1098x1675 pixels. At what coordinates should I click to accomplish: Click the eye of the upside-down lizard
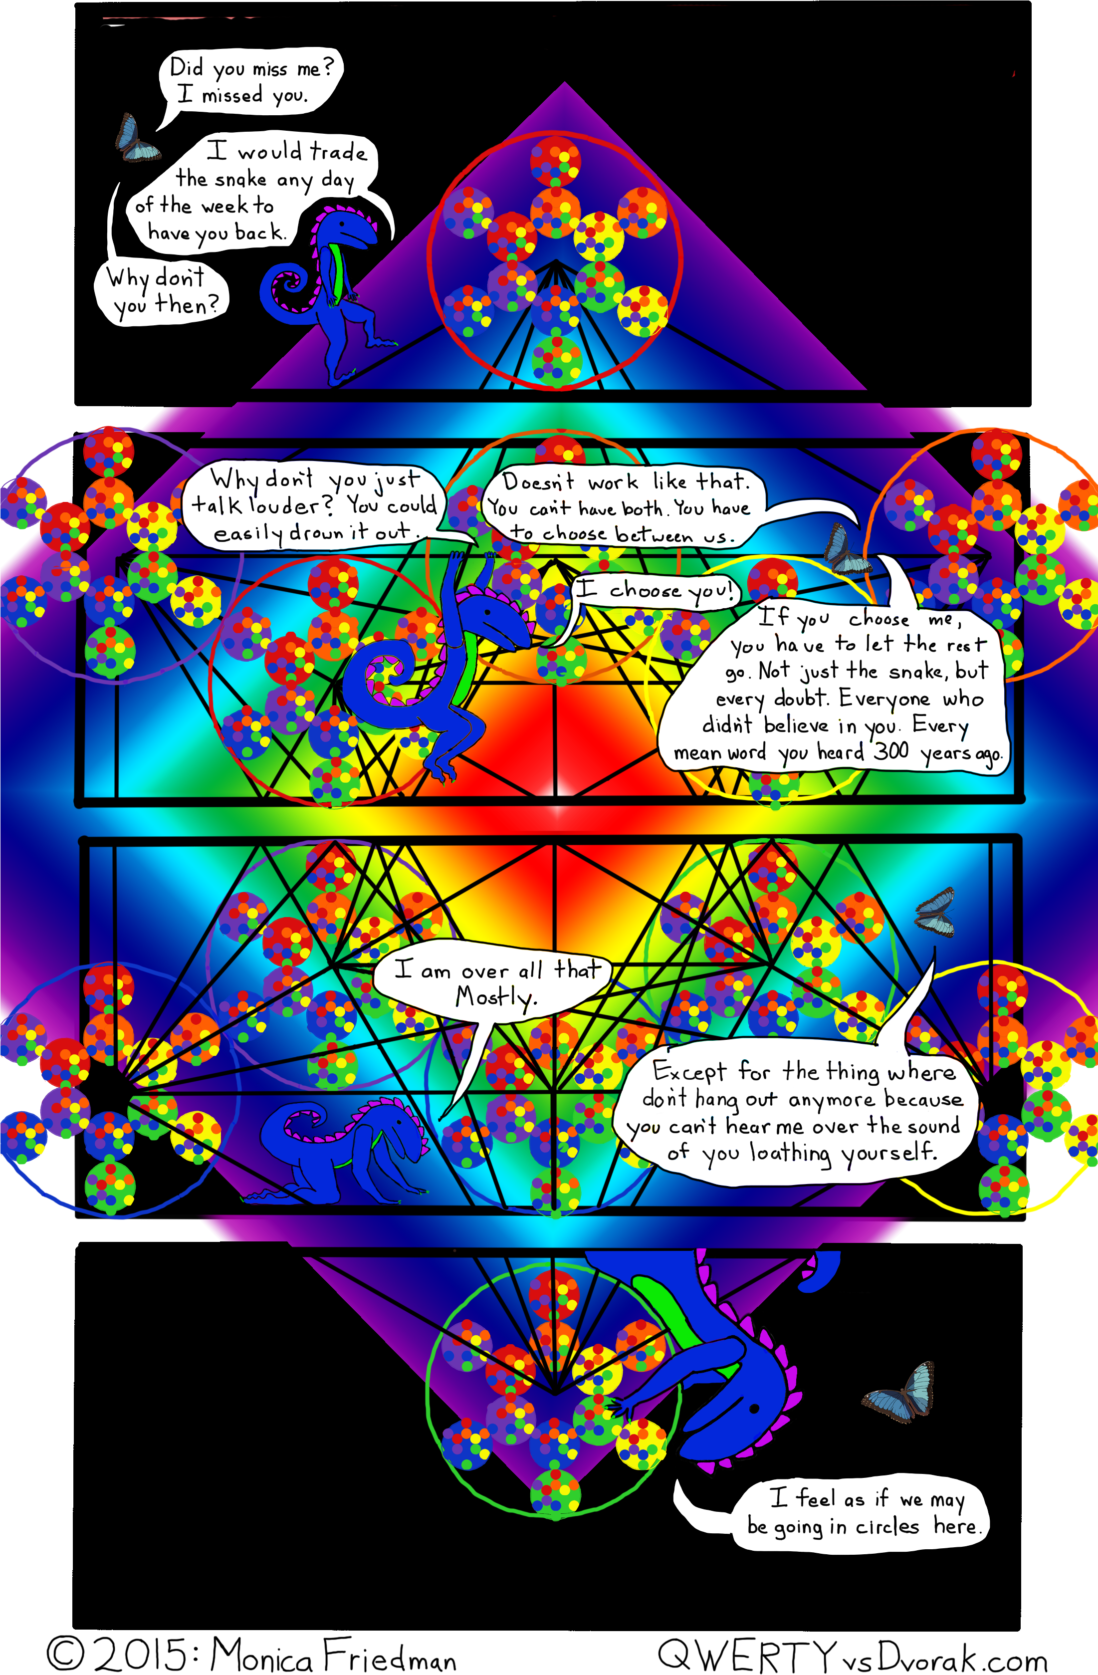tap(754, 1408)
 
